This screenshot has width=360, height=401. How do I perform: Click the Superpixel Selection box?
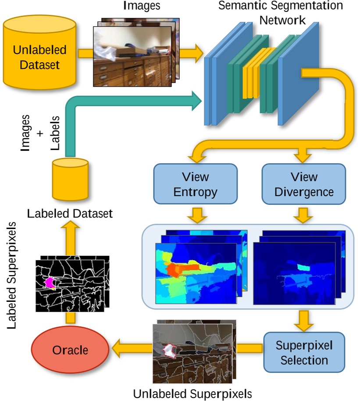304,352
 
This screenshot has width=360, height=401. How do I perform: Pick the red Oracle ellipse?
70,350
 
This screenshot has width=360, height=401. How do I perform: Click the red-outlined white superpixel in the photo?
169,350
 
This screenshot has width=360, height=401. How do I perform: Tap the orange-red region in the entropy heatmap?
175,269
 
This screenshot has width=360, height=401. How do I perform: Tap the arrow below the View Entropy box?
195,215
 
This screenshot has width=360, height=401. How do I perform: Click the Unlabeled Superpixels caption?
193,392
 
